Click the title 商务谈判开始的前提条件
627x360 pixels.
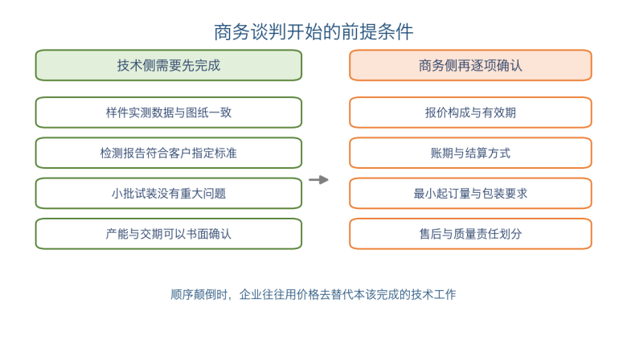[313, 31]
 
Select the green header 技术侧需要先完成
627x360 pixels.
[168, 65]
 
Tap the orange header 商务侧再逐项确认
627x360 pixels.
[470, 65]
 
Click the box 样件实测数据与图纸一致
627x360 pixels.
[168, 112]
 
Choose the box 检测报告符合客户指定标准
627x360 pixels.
[168, 153]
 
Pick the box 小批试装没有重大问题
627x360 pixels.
[168, 194]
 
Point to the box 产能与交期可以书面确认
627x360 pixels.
[168, 234]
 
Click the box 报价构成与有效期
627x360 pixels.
[470, 112]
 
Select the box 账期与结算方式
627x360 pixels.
[470, 153]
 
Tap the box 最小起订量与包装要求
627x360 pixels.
[470, 194]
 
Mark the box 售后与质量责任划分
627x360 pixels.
[470, 234]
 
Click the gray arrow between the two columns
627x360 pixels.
[318, 180]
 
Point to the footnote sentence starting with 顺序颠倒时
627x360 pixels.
[313, 294]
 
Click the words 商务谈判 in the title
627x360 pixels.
[250, 31]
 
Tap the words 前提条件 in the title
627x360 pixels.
[377, 31]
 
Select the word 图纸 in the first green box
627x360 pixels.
[197, 112]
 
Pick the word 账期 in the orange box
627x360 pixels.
[442, 153]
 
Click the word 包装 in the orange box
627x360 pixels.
[493, 194]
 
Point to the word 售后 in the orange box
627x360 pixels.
[430, 234]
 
